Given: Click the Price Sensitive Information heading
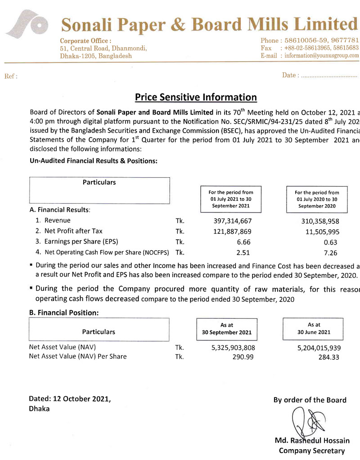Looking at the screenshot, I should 196,97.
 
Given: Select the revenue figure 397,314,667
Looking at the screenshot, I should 231,221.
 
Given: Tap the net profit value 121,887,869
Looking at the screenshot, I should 231,232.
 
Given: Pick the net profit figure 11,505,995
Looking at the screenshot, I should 320,232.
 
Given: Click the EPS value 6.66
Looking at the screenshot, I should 243,242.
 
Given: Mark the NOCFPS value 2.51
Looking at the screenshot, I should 243,253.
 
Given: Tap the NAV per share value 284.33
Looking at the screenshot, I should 328,357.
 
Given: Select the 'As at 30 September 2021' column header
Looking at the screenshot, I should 226,329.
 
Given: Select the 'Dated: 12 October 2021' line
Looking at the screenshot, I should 69,399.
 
